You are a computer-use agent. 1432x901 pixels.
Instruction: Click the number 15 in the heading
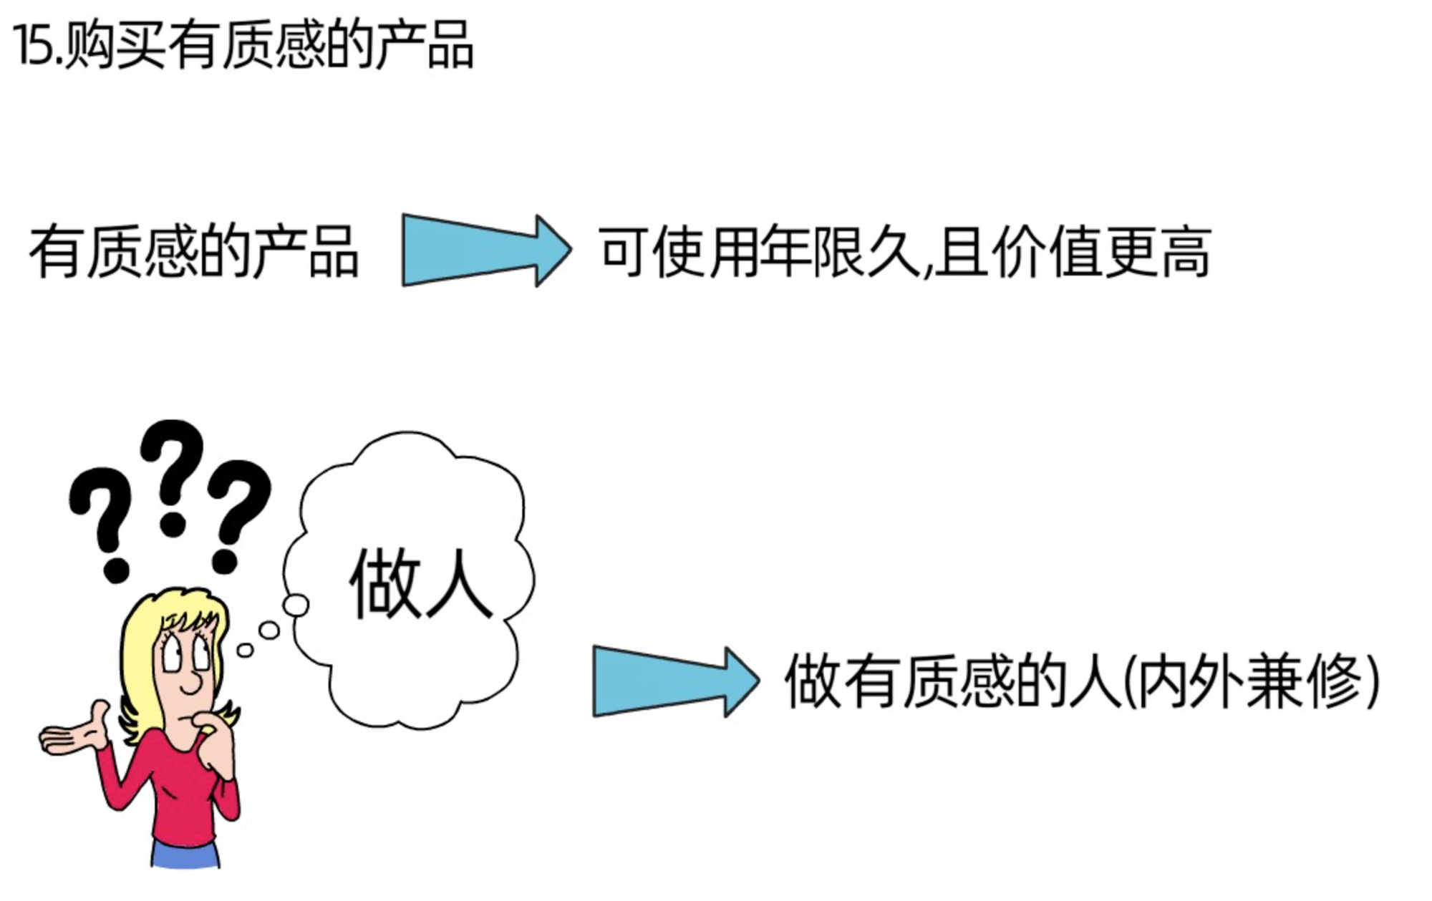[x=32, y=46]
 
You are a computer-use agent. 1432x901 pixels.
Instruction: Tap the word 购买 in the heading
[x=115, y=46]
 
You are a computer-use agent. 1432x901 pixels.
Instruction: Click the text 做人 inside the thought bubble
[x=421, y=583]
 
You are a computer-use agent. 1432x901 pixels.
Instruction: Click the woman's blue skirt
[x=185, y=855]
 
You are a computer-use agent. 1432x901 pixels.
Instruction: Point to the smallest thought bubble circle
[x=245, y=651]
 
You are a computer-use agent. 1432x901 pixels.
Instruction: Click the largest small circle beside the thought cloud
[x=295, y=605]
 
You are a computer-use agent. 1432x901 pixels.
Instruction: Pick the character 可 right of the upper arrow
[x=623, y=252]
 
